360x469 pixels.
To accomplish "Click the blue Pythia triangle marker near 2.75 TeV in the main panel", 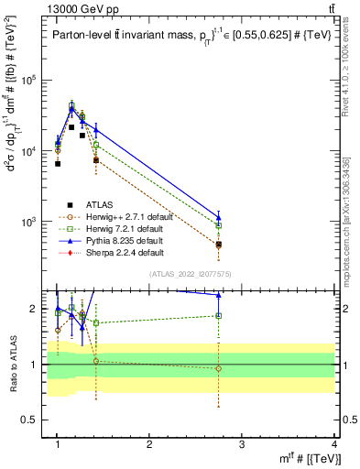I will coord(218,217).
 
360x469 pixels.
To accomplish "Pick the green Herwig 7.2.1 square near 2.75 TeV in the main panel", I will coord(218,224).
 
